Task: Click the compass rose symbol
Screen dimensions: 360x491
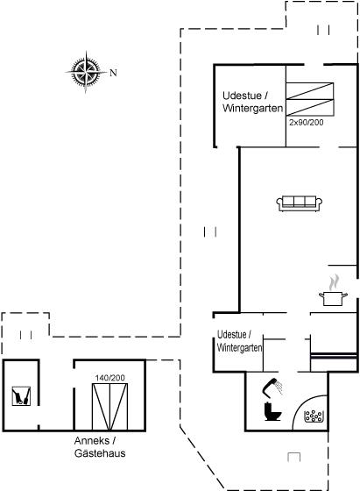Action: coord(86,72)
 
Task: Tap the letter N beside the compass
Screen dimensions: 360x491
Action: coord(113,73)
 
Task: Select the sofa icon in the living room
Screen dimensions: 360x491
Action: coord(300,203)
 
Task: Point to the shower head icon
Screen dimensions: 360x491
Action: coord(272,387)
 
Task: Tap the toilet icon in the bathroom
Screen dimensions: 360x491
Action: coord(272,411)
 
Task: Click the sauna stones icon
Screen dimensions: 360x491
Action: coord(314,416)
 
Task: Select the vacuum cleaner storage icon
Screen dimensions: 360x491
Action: coord(21,396)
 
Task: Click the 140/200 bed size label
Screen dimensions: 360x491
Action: coord(110,378)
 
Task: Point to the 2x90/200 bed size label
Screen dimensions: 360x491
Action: coord(307,122)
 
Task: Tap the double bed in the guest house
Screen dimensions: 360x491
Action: coord(109,407)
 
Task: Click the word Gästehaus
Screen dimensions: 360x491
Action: coord(100,453)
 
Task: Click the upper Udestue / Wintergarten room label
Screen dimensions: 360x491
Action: coord(253,102)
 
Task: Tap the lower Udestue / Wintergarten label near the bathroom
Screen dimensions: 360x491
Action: coord(240,341)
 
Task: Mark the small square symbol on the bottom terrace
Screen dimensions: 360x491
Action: coord(294,457)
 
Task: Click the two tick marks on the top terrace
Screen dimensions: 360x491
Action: coord(323,30)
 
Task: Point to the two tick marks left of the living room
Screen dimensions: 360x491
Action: coord(210,232)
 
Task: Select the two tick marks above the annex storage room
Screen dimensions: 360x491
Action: coord(25,335)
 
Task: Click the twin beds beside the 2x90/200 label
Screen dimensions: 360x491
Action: coord(310,99)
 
